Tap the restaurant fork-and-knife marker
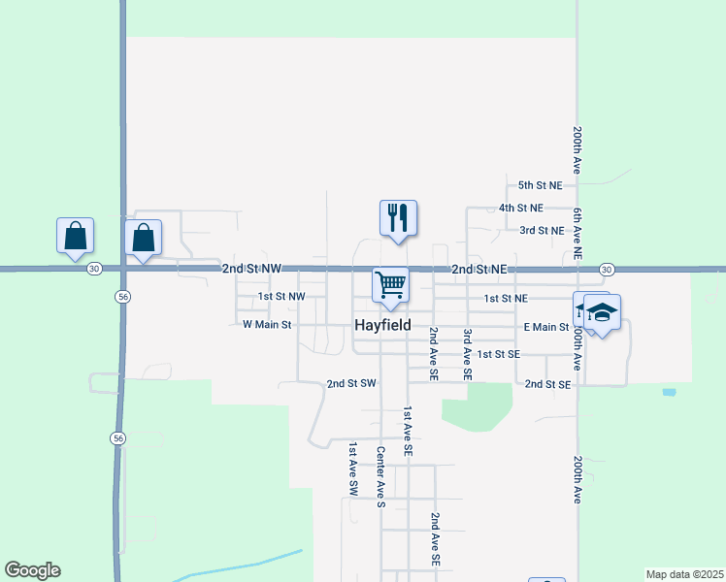[398, 217]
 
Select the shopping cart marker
[390, 285]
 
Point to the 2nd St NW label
[251, 268]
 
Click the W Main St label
[267, 325]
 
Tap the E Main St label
[545, 328]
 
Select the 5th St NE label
[541, 184]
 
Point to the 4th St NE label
[521, 208]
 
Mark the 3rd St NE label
[542, 231]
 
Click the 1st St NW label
[281, 297]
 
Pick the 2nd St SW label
[351, 384]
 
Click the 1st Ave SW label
[353, 470]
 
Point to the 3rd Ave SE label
[467, 353]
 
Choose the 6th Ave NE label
[577, 233]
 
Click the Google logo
[32, 570]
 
